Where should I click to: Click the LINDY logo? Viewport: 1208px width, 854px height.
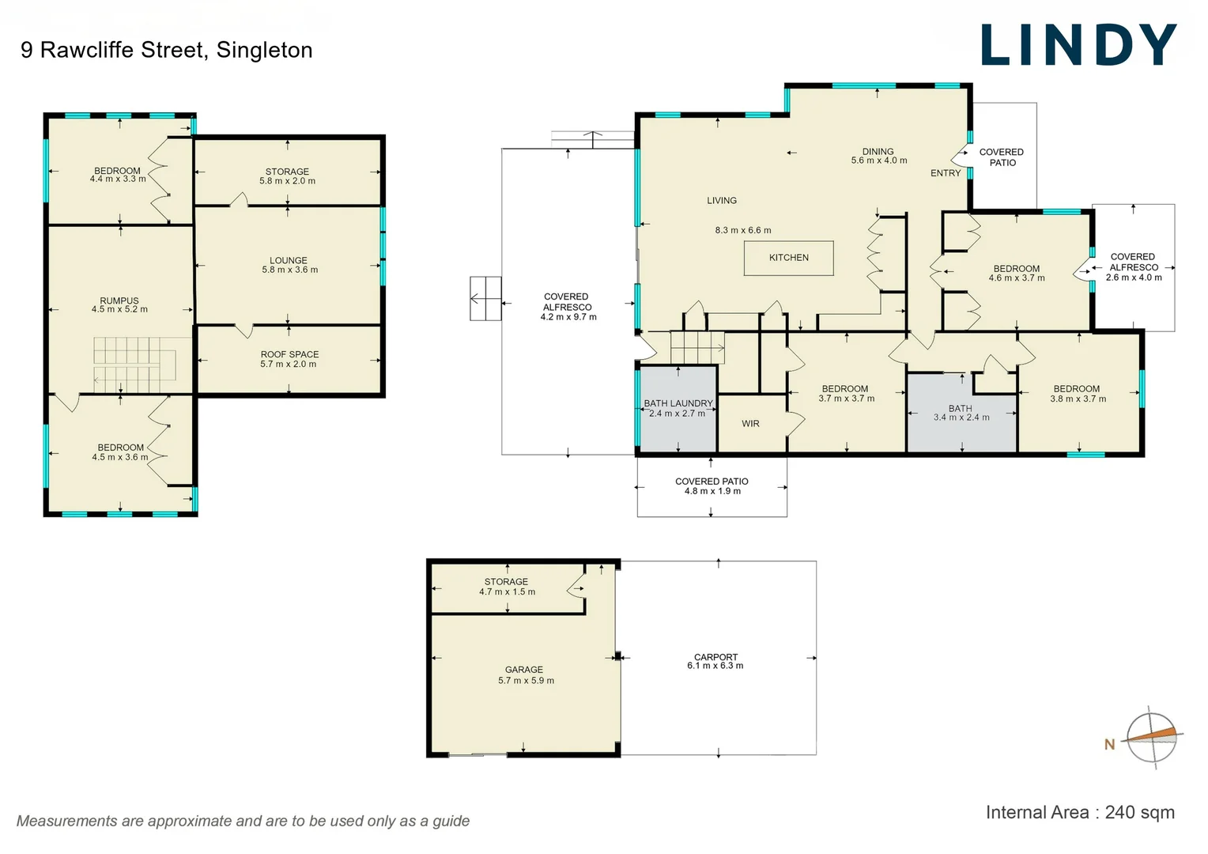coord(1078,46)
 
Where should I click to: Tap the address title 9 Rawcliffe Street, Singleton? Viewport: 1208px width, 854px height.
coord(167,50)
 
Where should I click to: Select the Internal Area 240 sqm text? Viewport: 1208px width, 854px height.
coord(1079,812)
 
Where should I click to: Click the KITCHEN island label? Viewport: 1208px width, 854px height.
coord(788,258)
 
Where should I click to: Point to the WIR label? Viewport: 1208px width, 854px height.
coord(750,424)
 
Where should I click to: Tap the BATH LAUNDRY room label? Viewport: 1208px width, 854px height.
coord(678,403)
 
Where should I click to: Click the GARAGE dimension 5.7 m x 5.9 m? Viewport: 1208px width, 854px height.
coord(526,680)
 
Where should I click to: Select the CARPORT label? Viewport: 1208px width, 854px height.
coord(715,657)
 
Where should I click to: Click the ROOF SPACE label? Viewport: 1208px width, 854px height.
coord(289,354)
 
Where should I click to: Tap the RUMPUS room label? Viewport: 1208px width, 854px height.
coord(119,300)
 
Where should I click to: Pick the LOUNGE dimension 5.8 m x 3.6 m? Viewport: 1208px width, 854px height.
coord(289,270)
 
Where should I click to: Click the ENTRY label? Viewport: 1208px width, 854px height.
coord(945,173)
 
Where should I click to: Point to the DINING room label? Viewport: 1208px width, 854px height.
coord(878,151)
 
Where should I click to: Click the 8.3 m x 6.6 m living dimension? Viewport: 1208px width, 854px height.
coord(742,230)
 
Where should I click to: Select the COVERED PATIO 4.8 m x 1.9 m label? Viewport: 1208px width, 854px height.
coord(712,486)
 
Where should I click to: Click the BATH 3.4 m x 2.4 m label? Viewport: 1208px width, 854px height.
coord(961,413)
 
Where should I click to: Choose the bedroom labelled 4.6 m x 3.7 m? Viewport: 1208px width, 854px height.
coord(1016,273)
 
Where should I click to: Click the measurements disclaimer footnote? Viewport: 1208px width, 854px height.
coord(243,821)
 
